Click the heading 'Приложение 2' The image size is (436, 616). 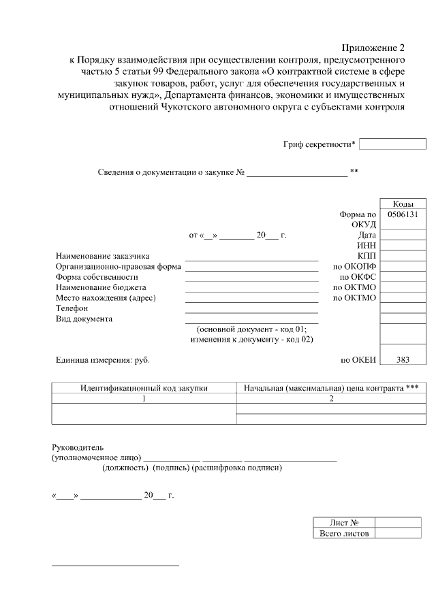point(373,48)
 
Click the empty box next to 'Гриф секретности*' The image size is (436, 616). point(392,144)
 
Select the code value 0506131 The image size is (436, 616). point(403,214)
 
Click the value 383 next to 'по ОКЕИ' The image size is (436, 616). point(403,360)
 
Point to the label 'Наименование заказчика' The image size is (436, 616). point(102,256)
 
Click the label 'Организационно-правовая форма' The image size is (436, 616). point(118,267)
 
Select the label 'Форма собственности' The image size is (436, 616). point(97,277)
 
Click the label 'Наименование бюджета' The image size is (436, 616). point(101,287)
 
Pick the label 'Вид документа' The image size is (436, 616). point(84,319)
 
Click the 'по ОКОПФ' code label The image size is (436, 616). point(354,267)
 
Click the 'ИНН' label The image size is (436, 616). point(367,246)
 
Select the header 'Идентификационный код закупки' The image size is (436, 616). point(144,388)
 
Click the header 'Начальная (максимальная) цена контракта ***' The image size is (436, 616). point(331,388)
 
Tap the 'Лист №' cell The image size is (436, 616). point(344,523)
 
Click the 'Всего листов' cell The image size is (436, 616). point(344,534)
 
